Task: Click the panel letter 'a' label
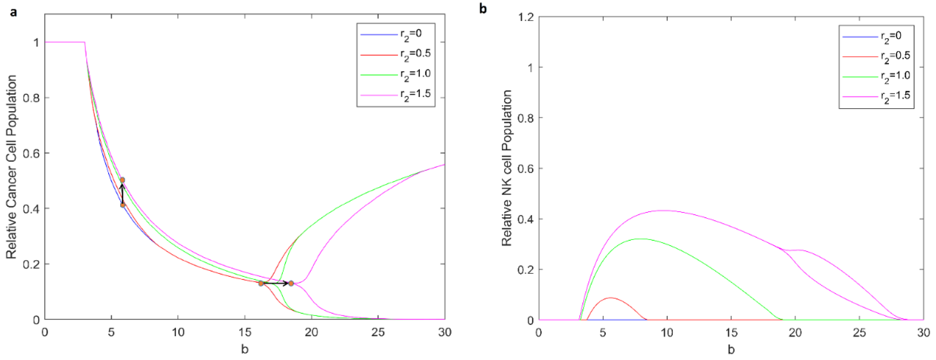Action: (x=14, y=13)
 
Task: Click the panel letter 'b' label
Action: (x=483, y=8)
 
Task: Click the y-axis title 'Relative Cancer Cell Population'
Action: (x=12, y=167)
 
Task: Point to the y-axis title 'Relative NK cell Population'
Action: (x=507, y=168)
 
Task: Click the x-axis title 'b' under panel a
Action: (x=244, y=349)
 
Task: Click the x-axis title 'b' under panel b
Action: (x=731, y=349)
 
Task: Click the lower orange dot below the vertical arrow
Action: (x=123, y=205)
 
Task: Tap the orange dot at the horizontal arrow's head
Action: (x=291, y=283)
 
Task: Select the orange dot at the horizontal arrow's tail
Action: (x=261, y=283)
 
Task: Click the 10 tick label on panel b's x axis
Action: (x=667, y=333)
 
